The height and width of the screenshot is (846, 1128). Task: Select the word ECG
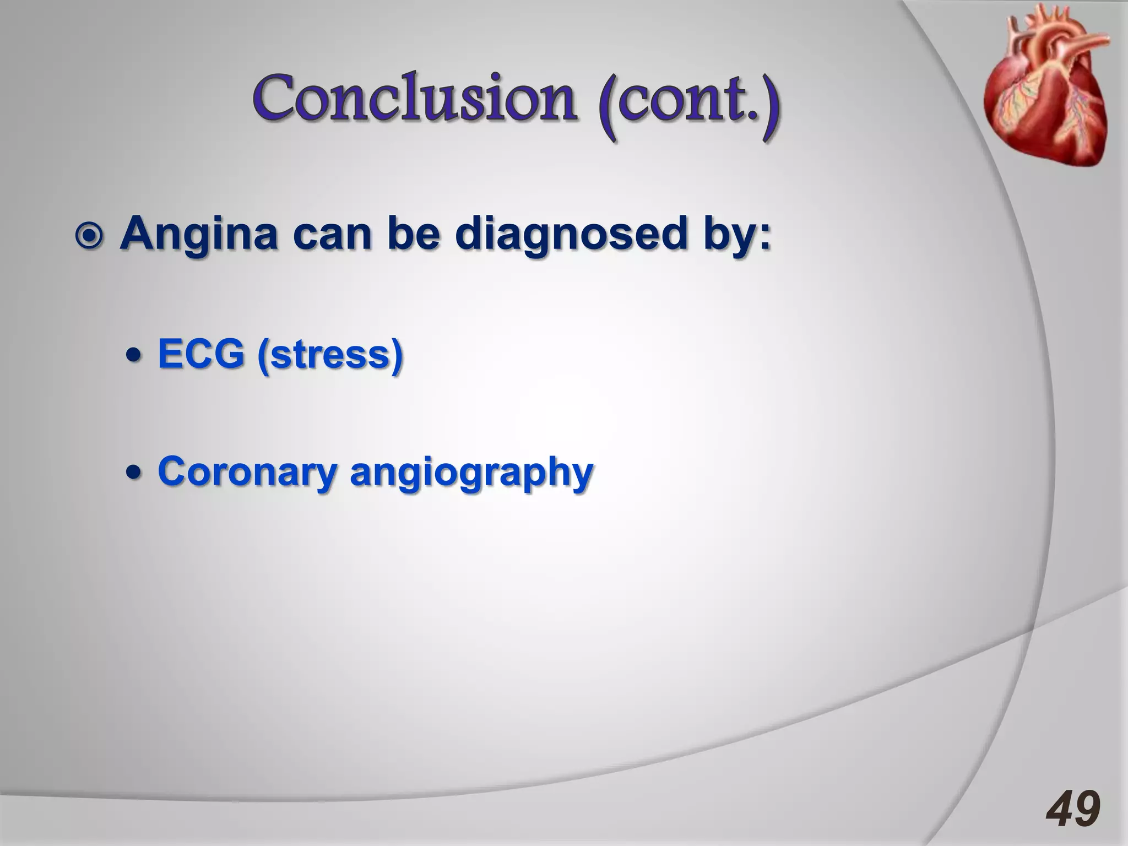click(201, 354)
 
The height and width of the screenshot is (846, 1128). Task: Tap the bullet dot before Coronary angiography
click(133, 473)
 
